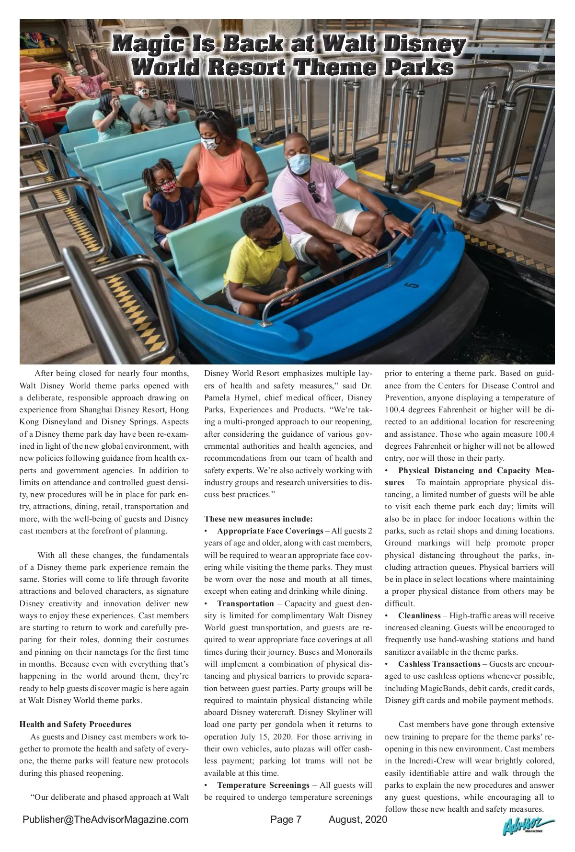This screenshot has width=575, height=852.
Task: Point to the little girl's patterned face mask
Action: click(167, 185)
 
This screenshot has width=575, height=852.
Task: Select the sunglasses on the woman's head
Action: click(209, 115)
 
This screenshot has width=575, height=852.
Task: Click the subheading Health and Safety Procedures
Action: click(75, 724)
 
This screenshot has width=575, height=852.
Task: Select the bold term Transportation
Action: click(245, 603)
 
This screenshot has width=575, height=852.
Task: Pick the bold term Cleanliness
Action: click(419, 615)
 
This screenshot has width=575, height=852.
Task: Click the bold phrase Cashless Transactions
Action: click(439, 664)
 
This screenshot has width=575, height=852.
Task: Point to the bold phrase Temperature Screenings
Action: click(263, 785)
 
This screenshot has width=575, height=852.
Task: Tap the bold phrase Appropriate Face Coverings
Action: click(270, 531)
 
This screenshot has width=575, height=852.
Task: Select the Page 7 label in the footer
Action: click(286, 819)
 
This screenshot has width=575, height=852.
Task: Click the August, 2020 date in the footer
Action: click(357, 819)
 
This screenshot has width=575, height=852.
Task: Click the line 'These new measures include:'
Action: click(258, 519)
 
